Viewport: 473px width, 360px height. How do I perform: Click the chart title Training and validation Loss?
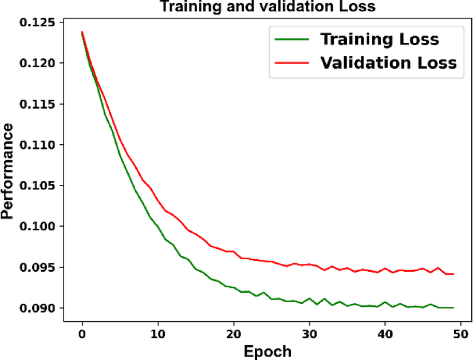(x=261, y=7)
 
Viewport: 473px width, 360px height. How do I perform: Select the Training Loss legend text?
(x=379, y=39)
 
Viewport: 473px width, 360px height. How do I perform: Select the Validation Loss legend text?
(x=388, y=62)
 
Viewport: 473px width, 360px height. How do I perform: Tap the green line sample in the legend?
(x=292, y=39)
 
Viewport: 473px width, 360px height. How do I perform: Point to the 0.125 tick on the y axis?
(x=40, y=22)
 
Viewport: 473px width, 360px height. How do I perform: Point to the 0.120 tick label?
(x=40, y=63)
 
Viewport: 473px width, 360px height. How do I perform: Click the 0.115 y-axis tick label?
(x=40, y=104)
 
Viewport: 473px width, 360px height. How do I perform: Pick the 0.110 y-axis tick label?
(x=40, y=145)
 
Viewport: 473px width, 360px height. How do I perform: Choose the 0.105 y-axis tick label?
(x=40, y=186)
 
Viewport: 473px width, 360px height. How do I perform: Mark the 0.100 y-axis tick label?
(x=40, y=227)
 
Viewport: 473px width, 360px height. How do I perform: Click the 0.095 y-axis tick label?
(x=40, y=267)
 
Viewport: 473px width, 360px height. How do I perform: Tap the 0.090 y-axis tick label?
(x=40, y=308)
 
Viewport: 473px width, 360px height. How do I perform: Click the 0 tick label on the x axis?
(x=82, y=333)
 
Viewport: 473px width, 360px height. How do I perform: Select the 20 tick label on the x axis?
(x=233, y=333)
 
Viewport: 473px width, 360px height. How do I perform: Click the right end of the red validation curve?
(x=453, y=274)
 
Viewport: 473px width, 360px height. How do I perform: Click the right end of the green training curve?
(x=453, y=307)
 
